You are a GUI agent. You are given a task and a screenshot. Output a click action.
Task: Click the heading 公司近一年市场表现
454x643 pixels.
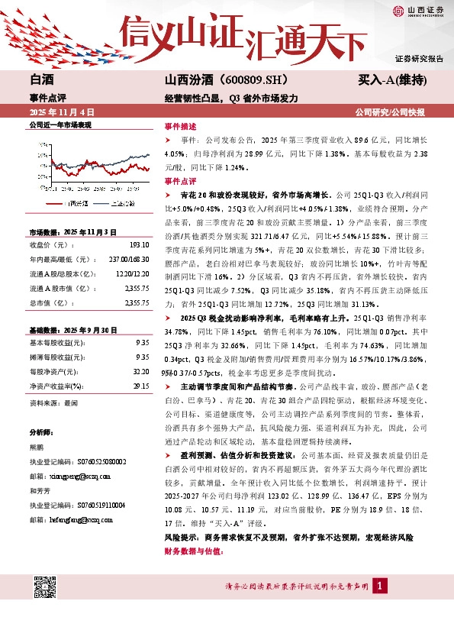(60, 124)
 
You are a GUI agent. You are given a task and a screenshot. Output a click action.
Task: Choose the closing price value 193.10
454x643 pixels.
(139, 245)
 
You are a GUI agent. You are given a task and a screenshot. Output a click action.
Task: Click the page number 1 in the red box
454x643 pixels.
(379, 586)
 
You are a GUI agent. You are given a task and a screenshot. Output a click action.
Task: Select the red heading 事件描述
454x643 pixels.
(180, 127)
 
